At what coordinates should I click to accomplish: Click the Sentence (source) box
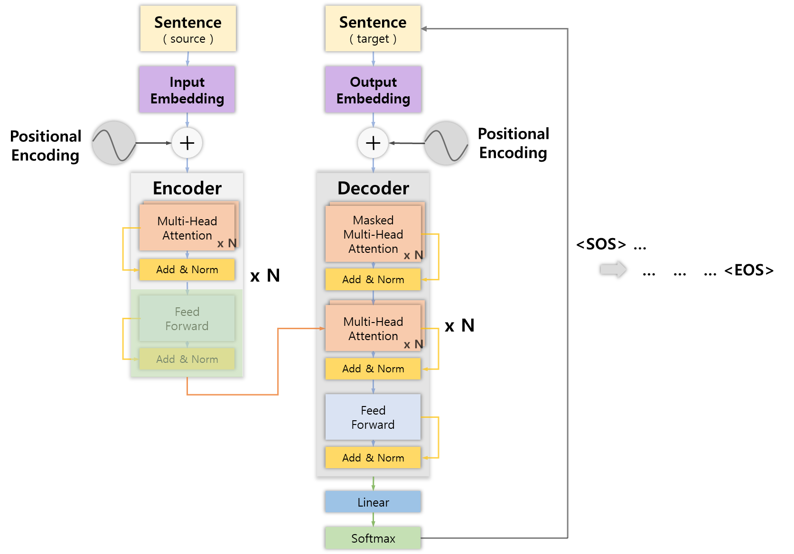click(188, 28)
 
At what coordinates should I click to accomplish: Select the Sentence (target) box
click(373, 28)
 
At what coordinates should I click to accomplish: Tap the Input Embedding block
click(187, 90)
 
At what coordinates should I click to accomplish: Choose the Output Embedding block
click(373, 90)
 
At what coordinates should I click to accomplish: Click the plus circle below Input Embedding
click(187, 143)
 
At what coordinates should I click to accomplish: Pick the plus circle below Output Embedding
click(373, 143)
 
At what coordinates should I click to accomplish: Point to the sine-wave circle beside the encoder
click(114, 143)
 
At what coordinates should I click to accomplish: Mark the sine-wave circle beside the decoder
click(446, 143)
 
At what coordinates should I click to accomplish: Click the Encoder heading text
click(187, 188)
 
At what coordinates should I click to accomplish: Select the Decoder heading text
click(373, 188)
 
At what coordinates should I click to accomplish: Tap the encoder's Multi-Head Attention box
click(187, 228)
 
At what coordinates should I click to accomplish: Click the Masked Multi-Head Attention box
click(373, 234)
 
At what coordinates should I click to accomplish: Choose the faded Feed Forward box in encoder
click(187, 319)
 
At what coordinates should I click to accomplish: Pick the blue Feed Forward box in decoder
click(373, 417)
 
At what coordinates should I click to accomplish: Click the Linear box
click(373, 502)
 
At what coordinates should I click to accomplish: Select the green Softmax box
click(373, 538)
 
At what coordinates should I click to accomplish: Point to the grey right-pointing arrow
click(613, 269)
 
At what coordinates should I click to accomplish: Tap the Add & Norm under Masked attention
click(373, 279)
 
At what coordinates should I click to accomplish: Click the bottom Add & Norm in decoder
click(373, 458)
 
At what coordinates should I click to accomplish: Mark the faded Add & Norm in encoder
click(187, 359)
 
